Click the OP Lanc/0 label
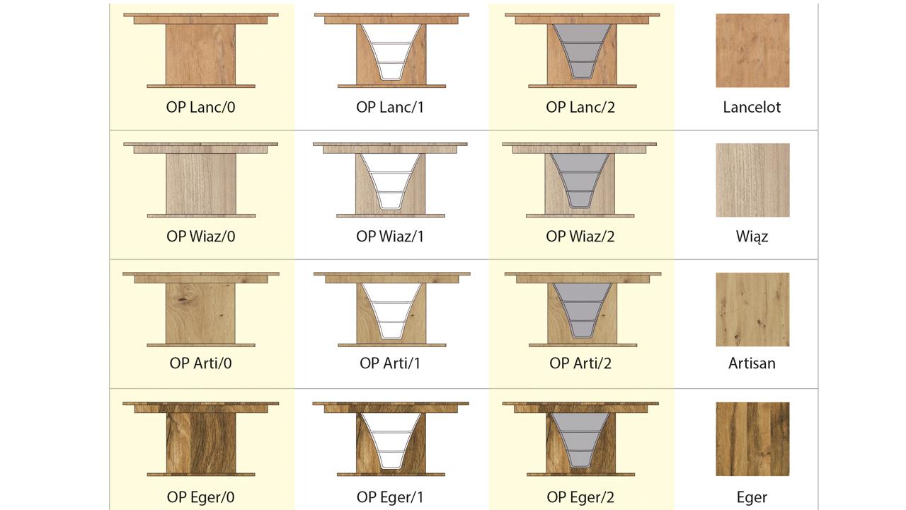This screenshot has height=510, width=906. pos(200,108)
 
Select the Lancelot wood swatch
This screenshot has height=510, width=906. pos(752,50)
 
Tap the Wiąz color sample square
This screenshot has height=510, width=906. pos(752,180)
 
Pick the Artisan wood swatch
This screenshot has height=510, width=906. pos(752,310)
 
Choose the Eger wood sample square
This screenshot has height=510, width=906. pos(752,439)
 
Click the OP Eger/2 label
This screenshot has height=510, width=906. pos(580,497)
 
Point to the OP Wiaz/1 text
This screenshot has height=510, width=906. pos(390,237)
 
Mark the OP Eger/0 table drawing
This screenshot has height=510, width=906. pos(201,439)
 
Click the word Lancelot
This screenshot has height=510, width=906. pos(752,108)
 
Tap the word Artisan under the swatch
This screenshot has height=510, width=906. pos(752,363)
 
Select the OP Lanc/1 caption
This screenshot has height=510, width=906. pos(390,108)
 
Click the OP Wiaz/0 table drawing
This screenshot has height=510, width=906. pos(201,180)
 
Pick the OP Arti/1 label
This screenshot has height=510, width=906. pos(390,363)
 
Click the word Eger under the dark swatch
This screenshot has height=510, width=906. pos(752,497)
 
